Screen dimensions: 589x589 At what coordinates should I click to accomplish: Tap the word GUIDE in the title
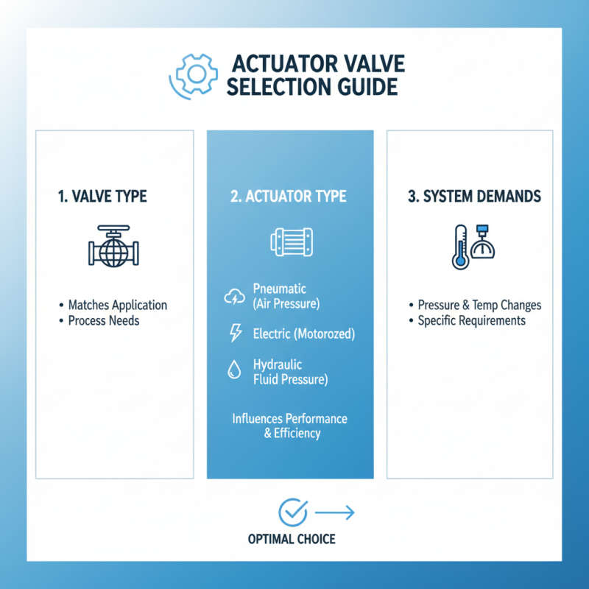pos(361,88)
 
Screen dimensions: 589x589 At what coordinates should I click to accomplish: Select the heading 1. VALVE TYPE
pos(102,197)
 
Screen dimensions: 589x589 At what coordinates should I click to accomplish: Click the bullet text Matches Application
pos(118,305)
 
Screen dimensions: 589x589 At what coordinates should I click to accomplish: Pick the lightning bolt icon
pos(236,334)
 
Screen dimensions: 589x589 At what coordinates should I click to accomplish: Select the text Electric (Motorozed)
pos(303,334)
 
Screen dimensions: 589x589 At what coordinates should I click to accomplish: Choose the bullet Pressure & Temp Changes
pos(479,305)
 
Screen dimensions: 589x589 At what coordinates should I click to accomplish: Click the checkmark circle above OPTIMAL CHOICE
pos(293,512)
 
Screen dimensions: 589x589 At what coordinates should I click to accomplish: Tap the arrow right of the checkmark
pos(334,512)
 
